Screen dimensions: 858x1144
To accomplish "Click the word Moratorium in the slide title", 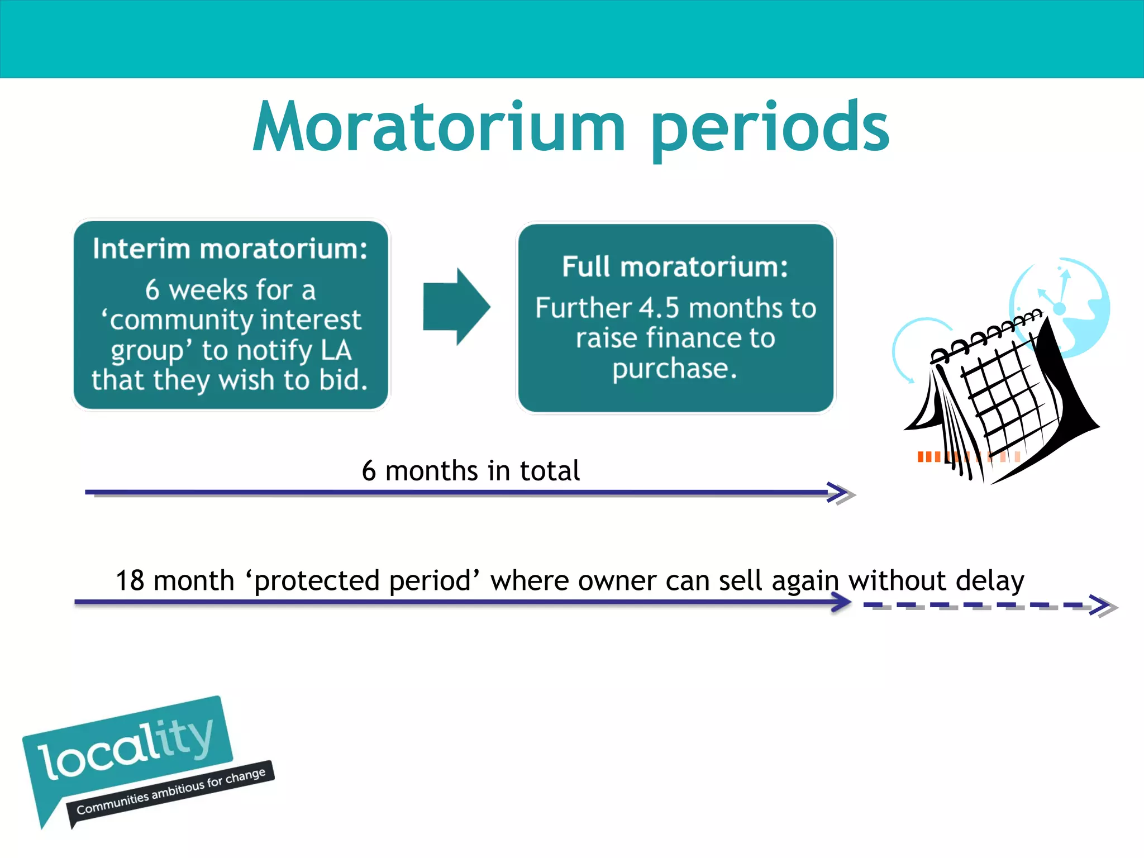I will [x=438, y=127].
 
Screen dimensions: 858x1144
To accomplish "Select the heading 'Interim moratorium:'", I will [x=230, y=249].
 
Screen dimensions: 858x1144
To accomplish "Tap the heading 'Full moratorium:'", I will [x=675, y=266].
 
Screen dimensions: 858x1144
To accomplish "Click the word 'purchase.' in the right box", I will [x=675, y=369].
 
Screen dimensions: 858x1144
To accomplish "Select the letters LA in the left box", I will [x=336, y=351].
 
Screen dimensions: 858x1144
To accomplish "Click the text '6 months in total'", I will [x=470, y=470].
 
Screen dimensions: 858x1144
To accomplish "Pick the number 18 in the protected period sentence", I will [x=130, y=580].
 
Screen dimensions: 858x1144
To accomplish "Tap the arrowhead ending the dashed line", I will [x=1103, y=606].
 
